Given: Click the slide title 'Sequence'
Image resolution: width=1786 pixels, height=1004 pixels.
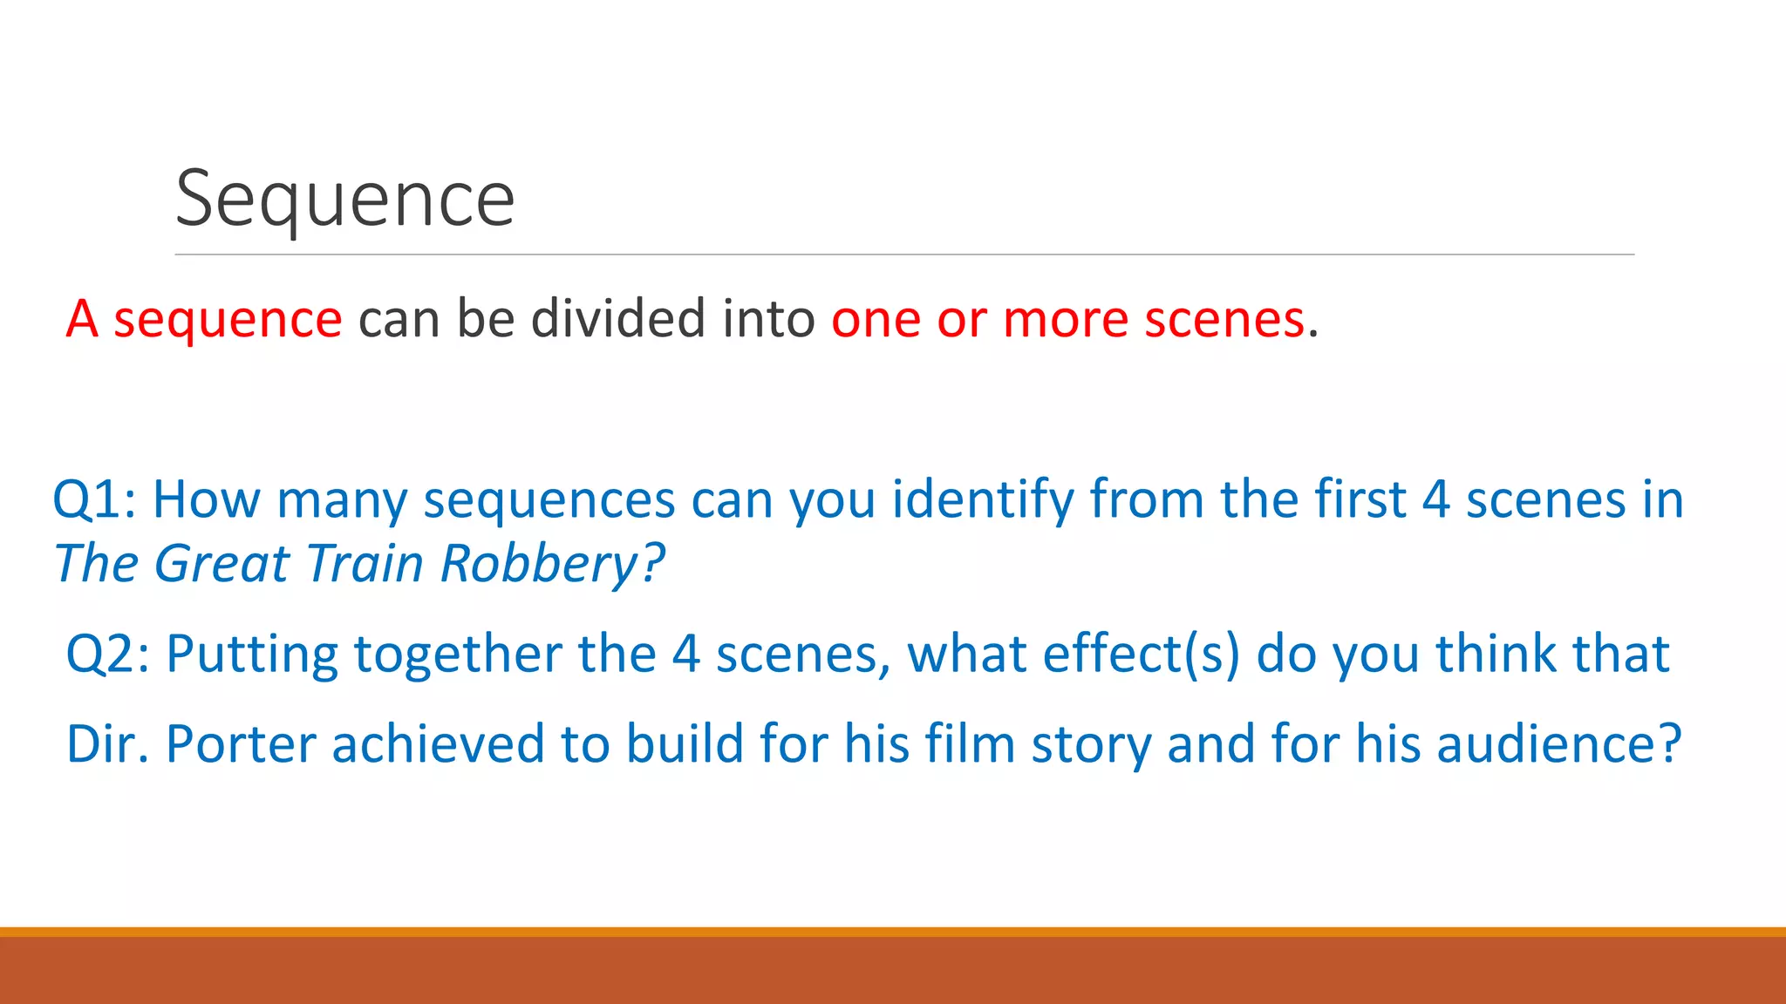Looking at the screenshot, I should click(344, 200).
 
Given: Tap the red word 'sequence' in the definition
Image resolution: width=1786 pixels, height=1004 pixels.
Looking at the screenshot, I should click(228, 319).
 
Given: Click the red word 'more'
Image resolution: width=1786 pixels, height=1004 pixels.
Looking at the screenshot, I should click(1066, 319).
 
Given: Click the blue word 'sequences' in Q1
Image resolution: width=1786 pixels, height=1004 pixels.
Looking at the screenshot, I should click(549, 500).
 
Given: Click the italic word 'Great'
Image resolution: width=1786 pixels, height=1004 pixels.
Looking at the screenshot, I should click(222, 564).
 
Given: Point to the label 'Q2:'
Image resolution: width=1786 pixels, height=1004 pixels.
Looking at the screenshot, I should click(108, 655).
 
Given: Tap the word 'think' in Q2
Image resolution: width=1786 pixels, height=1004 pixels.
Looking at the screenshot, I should click(1496, 655).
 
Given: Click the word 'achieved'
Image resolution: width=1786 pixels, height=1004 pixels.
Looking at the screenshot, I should click(438, 745).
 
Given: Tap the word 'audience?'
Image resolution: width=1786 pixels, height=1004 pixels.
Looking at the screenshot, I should click(1558, 745).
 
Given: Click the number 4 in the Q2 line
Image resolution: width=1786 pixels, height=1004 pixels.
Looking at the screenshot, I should click(686, 655).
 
